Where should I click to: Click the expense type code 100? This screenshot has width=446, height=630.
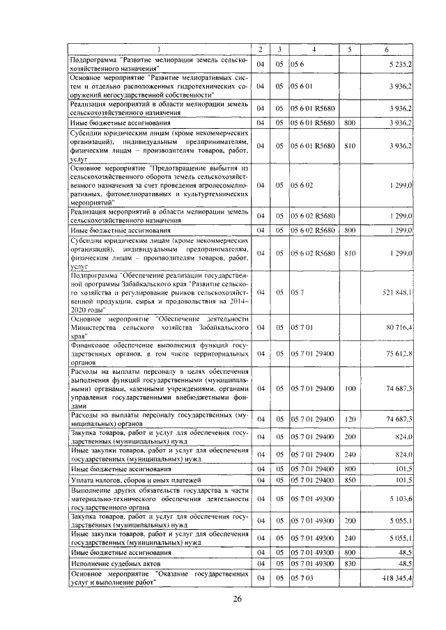click(x=350, y=387)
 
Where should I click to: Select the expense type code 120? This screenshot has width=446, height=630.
click(x=350, y=419)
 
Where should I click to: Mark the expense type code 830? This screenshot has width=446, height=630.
click(x=350, y=562)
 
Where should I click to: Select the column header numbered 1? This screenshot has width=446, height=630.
click(x=160, y=49)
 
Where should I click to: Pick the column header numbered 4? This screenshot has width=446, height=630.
click(x=314, y=49)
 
